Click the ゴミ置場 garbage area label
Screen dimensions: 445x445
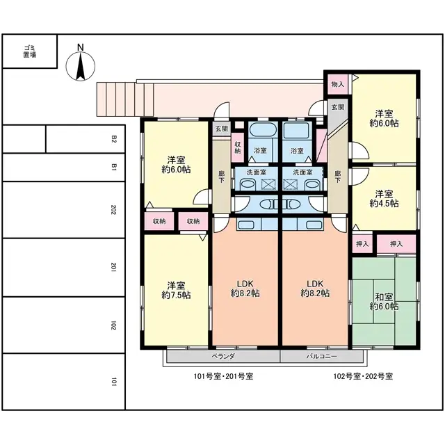(29, 51)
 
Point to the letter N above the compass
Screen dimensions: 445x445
(80, 48)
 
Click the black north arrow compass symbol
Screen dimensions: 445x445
(80, 67)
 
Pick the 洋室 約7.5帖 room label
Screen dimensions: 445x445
(176, 290)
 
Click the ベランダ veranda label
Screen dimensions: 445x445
(223, 356)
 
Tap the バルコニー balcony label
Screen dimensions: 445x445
(322, 356)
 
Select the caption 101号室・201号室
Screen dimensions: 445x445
(223, 376)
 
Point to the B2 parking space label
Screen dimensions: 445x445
(113, 139)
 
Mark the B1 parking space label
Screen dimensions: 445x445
(113, 167)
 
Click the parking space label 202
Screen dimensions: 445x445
(113, 209)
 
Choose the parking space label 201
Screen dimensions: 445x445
(113, 267)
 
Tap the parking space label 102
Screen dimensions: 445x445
(113, 325)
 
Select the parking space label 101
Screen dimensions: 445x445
(113, 382)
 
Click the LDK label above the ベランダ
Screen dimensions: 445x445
(245, 288)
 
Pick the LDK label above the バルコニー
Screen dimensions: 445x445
(315, 288)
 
